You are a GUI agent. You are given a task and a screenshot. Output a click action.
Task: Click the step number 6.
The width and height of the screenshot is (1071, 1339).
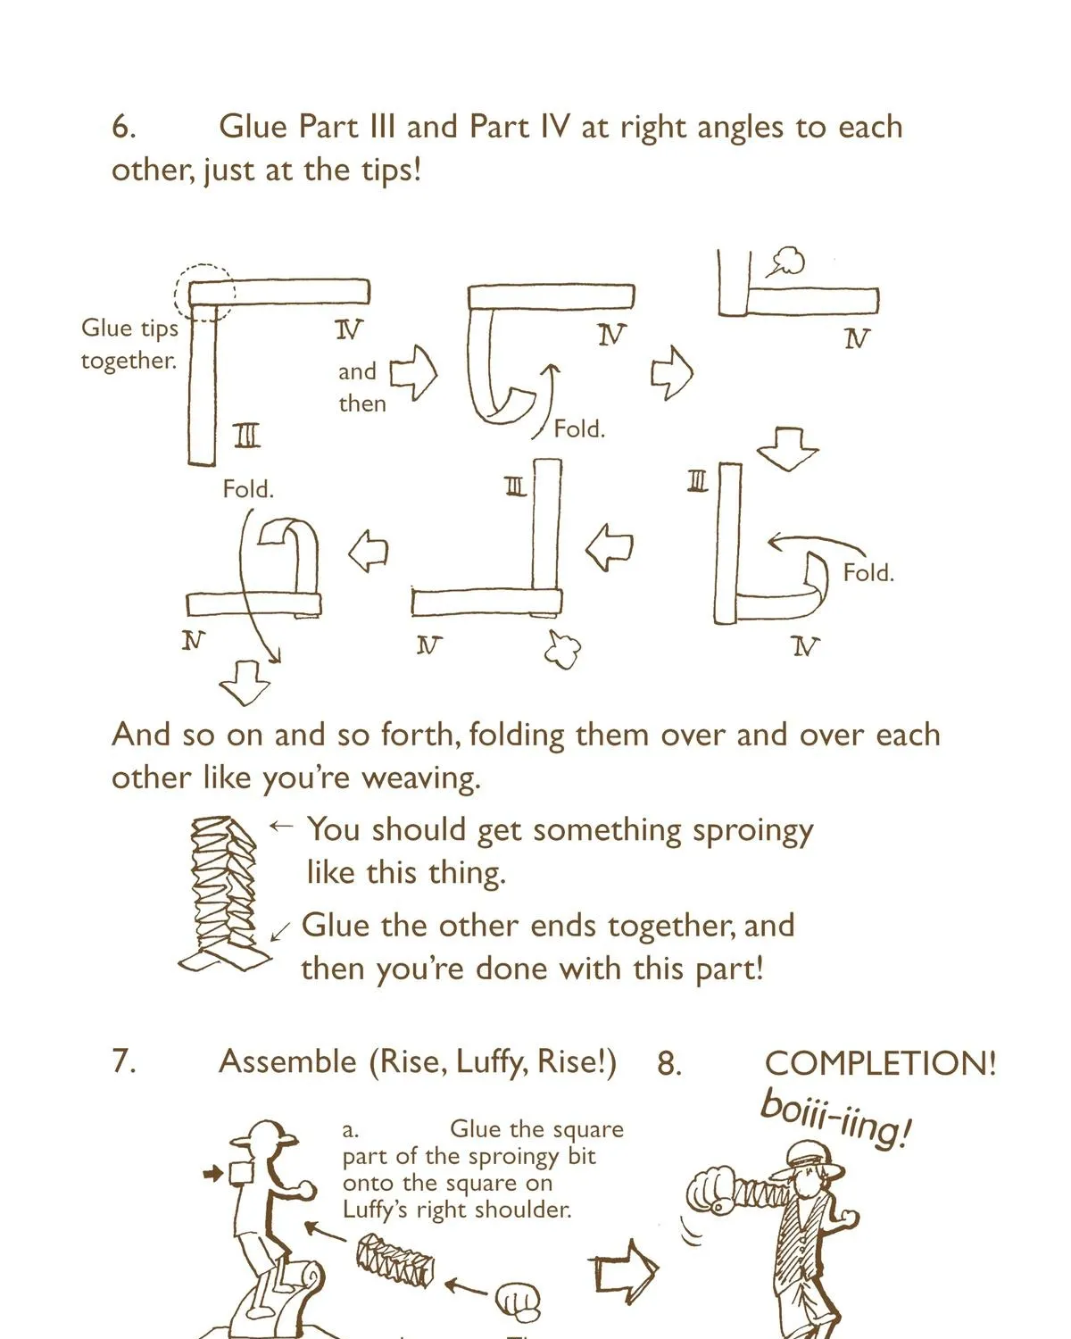[x=123, y=127]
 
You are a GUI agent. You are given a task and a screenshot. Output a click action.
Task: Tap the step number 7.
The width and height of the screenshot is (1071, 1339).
[x=123, y=1061]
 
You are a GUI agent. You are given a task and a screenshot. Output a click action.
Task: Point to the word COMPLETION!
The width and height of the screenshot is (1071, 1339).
[x=880, y=1063]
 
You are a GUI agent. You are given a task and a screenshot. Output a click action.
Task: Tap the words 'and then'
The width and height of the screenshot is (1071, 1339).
[x=361, y=387]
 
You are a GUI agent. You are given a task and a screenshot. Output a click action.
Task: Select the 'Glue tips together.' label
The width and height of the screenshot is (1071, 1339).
[x=129, y=344]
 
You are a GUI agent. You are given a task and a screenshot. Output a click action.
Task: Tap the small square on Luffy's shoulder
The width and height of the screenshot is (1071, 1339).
[x=242, y=1173]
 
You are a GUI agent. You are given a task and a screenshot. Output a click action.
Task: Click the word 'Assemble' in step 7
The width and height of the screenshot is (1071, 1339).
[x=288, y=1061]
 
